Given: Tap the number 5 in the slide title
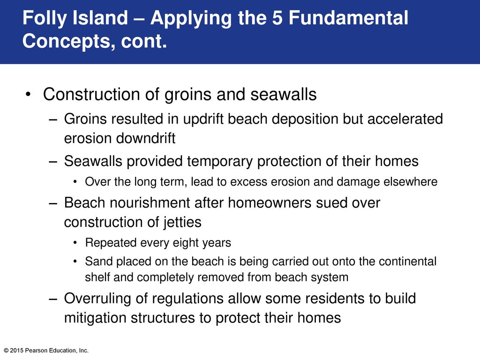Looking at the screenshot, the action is click(x=277, y=17).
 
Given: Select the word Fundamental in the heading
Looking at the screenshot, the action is click(x=348, y=17).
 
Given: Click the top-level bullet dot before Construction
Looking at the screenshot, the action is click(x=28, y=94).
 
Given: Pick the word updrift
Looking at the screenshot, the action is click(x=203, y=119).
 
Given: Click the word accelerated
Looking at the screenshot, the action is click(x=405, y=119).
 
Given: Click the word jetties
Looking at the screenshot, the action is click(x=182, y=222).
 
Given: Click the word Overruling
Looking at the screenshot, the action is click(x=97, y=299).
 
